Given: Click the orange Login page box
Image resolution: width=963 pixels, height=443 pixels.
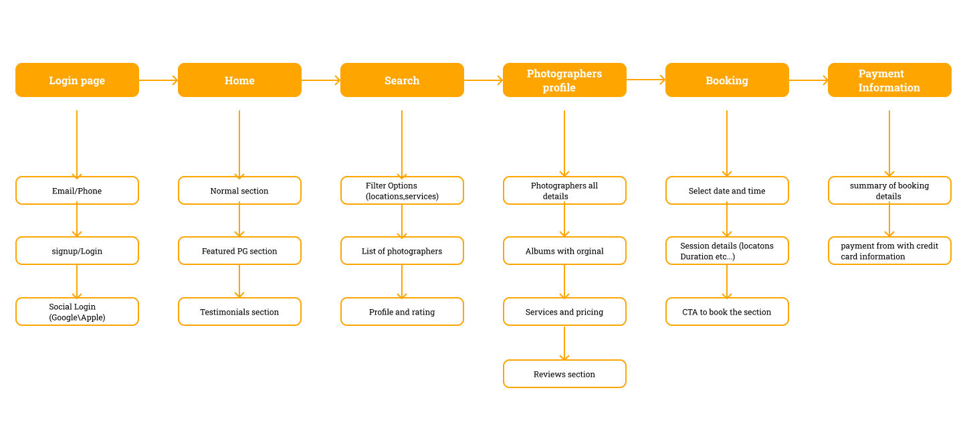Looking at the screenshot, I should coord(77,80).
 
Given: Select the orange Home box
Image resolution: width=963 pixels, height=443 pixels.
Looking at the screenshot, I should coord(239,80).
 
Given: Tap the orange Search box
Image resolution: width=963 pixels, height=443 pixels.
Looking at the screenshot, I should coord(402,80).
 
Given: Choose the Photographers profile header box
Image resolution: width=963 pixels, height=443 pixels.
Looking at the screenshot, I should coord(564,80).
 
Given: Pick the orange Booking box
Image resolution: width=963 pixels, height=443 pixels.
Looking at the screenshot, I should coord(727,80).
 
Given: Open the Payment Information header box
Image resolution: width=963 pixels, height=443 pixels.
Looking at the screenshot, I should coord(889,80).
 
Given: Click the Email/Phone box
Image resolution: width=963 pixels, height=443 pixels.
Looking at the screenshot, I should coord(77,191).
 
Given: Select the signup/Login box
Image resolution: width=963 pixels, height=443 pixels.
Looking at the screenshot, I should coord(77,251).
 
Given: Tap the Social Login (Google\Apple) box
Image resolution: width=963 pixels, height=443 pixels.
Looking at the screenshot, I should coord(77,312).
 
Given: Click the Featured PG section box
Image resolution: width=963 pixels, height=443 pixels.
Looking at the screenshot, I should coord(239,251).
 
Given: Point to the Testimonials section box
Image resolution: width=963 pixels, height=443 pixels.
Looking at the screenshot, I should coord(239,312).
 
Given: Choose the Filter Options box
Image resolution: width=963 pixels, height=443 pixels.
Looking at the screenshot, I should coord(402,191).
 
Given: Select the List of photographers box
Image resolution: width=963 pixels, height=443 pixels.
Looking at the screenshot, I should coord(402,251).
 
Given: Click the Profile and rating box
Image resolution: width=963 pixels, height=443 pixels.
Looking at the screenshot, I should coord(402,312).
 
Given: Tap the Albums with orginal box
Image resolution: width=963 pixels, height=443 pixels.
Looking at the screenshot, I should coord(564,251).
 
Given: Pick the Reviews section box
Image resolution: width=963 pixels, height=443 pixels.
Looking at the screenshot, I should coord(564,374).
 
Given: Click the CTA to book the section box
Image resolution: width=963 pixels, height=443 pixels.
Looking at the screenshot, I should coord(727,312).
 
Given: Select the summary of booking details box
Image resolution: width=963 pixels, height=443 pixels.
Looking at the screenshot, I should coord(889,191).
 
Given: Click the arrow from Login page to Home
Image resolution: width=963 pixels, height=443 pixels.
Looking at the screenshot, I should coord(158,80).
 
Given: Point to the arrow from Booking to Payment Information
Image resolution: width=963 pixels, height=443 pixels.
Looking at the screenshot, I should coord(809,80).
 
